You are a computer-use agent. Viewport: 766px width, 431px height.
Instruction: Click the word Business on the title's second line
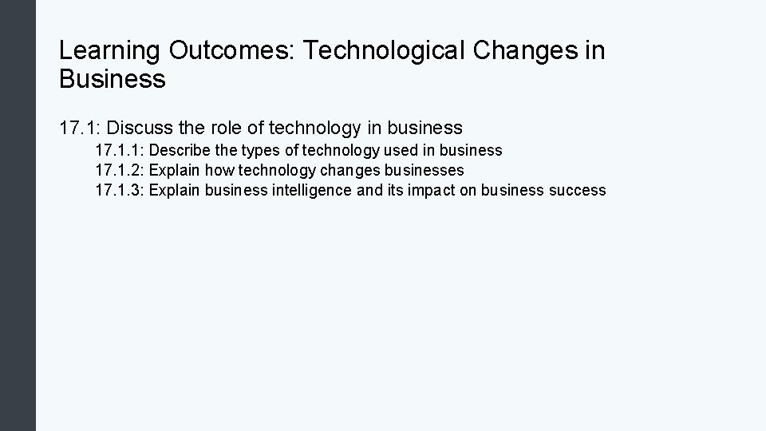point(113,79)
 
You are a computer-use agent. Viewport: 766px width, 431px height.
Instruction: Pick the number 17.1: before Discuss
point(80,127)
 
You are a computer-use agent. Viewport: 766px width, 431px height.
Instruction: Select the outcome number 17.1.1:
point(119,150)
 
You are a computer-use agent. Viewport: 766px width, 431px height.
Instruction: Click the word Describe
point(182,150)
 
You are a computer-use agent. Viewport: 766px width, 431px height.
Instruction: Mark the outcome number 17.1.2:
point(119,170)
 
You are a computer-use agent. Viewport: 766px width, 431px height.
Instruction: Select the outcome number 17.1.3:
point(119,190)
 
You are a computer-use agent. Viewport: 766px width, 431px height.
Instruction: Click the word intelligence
point(306,190)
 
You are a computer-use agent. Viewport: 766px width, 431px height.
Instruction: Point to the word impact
point(433,190)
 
